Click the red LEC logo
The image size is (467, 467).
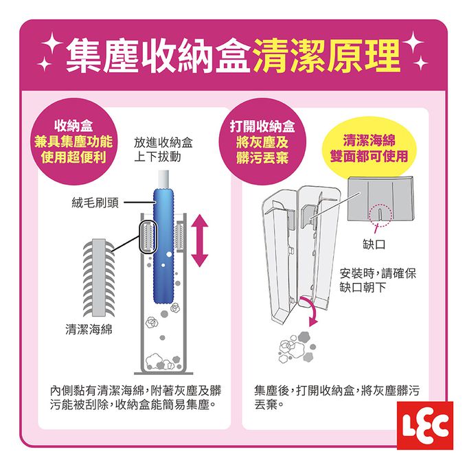[x=425, y=425]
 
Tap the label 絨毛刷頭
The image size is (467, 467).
[x=95, y=203]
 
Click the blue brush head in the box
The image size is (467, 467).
[x=163, y=245]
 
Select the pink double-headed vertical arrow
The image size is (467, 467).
[x=200, y=241]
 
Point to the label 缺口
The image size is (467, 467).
[x=374, y=244]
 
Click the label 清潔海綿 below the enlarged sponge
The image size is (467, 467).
[x=89, y=330]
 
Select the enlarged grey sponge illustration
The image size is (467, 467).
[x=99, y=277]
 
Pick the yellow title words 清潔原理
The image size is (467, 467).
[x=327, y=56]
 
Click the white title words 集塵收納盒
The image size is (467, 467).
[x=158, y=56]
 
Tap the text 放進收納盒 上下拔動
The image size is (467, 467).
[x=163, y=150]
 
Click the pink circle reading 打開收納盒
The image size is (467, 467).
[x=262, y=141]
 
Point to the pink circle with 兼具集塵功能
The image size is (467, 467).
[x=73, y=141]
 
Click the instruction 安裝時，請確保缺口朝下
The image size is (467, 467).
[x=378, y=280]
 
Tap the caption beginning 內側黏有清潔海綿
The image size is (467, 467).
[x=136, y=398]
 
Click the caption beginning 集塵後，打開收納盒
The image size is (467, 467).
[x=337, y=398]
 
